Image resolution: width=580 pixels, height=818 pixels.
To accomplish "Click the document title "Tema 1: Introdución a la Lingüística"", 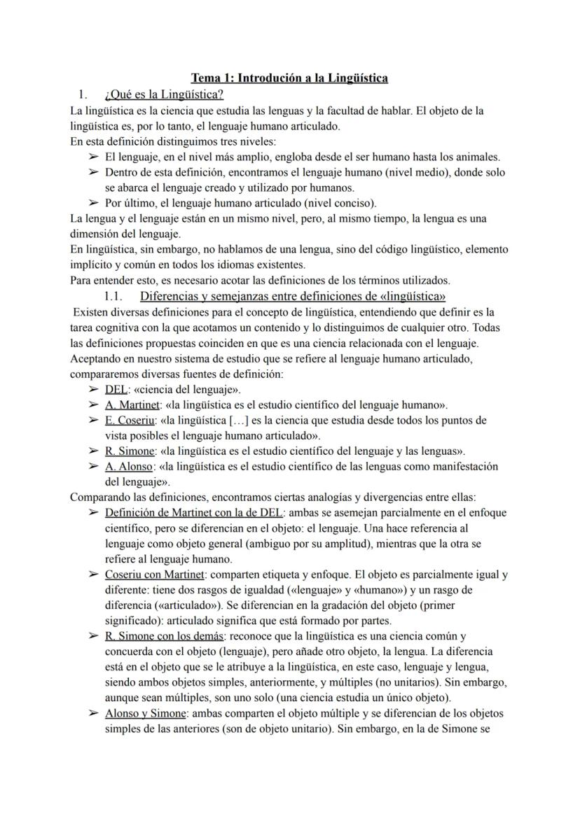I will [291, 78].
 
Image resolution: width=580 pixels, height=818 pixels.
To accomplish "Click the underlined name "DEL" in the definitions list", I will [116, 390].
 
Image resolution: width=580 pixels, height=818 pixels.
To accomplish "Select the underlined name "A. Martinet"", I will [132, 405].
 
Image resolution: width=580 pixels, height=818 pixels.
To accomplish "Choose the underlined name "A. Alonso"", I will [128, 467].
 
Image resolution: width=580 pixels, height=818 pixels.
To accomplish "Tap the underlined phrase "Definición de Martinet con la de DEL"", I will [191, 513].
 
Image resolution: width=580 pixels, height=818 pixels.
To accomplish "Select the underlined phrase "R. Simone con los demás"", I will [163, 637].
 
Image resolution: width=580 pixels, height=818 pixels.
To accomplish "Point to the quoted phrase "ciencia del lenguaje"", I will [186, 390].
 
